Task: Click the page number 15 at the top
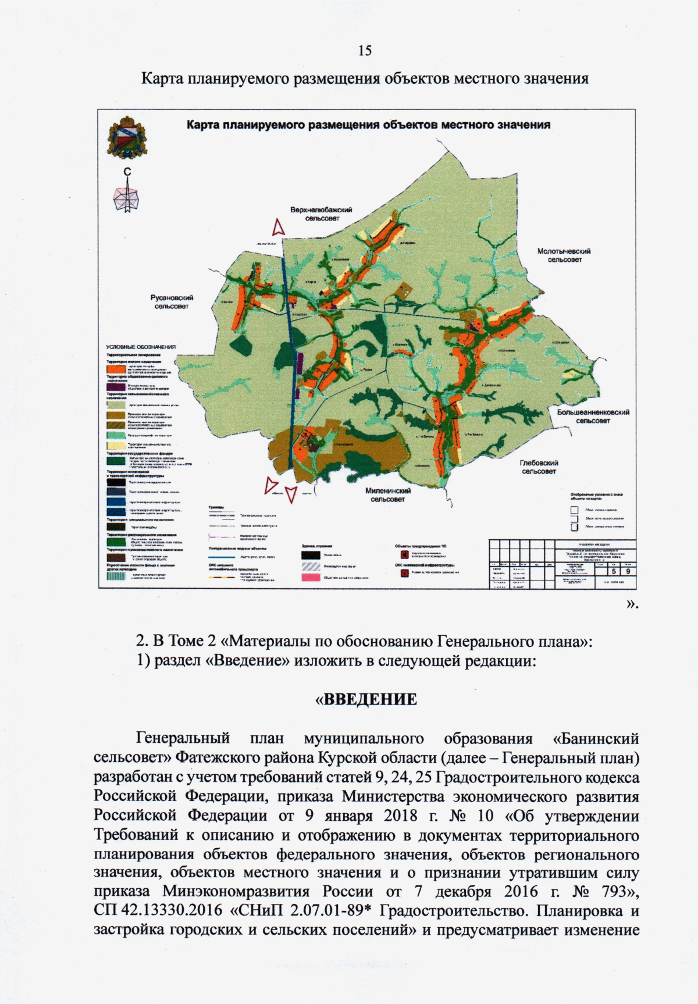pos(365,51)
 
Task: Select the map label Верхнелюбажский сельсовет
pos(322,213)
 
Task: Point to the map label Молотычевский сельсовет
pos(564,255)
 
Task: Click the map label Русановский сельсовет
pos(172,301)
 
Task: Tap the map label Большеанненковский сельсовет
pos(593,416)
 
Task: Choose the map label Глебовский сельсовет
pos(539,467)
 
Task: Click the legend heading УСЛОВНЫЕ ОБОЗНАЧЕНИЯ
pos(140,347)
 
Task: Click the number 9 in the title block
pos(630,571)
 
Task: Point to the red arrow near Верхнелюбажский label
pos(279,226)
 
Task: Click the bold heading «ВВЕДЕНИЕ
pos(366,699)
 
